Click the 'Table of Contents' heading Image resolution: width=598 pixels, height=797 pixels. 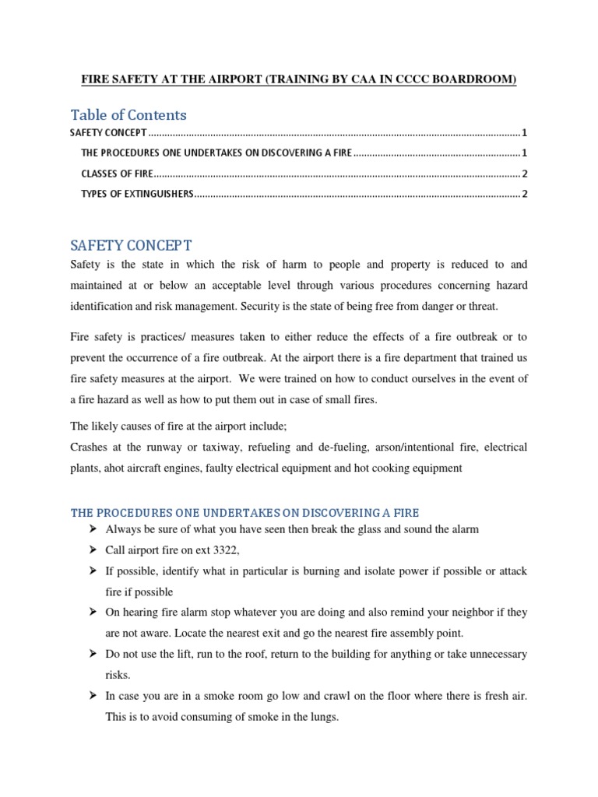click(x=128, y=115)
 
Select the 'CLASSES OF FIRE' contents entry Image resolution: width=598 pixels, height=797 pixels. click(x=117, y=173)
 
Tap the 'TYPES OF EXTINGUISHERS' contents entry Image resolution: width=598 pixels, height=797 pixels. click(x=136, y=194)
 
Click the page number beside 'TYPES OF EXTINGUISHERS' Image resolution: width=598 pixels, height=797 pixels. click(x=526, y=194)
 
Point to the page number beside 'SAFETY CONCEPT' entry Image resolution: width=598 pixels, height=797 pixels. click(x=526, y=132)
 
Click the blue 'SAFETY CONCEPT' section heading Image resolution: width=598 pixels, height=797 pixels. click(x=131, y=246)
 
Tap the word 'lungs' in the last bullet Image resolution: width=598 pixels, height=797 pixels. click(x=323, y=717)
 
